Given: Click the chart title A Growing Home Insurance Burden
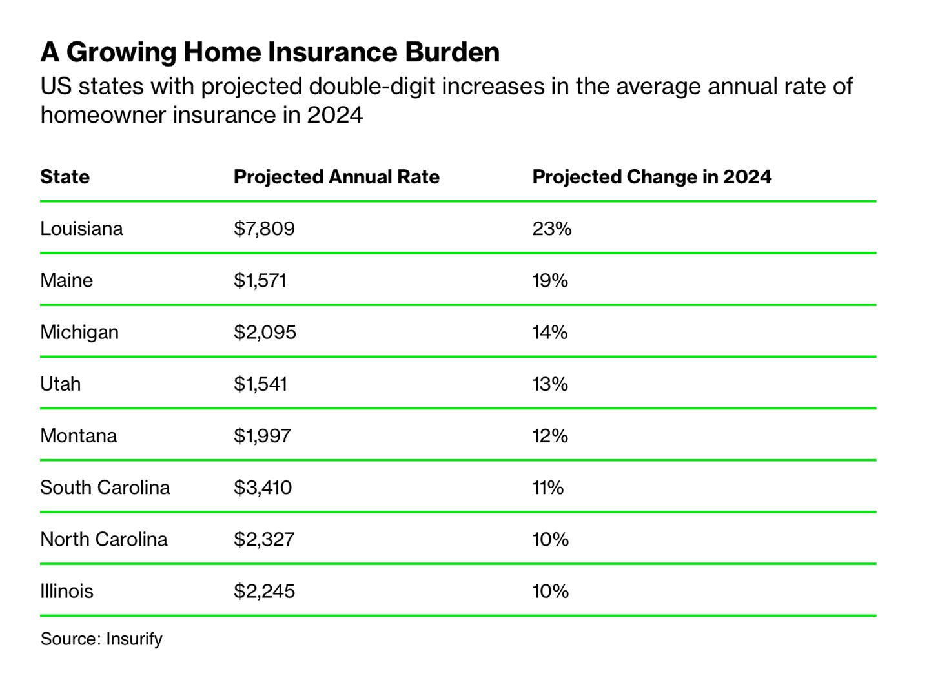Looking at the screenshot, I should tap(270, 52).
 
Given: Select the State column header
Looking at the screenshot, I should tap(65, 177).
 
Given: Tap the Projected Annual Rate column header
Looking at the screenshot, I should tap(336, 177).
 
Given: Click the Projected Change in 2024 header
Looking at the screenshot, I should tap(651, 177).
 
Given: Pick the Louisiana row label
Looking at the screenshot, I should tap(81, 229).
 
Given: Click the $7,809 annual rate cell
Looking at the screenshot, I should tap(264, 229).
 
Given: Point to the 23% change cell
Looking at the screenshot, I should tap(552, 229).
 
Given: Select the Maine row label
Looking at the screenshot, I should tap(66, 280).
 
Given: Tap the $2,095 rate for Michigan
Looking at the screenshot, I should tap(265, 332).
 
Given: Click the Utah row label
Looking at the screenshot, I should tap(60, 384).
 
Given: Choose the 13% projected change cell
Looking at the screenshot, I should tap(550, 384).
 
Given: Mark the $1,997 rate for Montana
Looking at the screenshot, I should tap(262, 436).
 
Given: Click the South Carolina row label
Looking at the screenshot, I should tap(105, 488).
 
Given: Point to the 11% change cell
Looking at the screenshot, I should tap(547, 488).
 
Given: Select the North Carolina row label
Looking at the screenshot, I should tap(103, 539).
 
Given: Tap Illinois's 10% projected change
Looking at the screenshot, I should tap(550, 591).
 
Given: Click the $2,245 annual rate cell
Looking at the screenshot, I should tap(264, 591).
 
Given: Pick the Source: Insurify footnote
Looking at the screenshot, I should tap(101, 639).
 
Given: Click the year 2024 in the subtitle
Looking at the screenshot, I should tap(334, 115).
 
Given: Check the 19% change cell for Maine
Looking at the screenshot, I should tap(550, 280).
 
